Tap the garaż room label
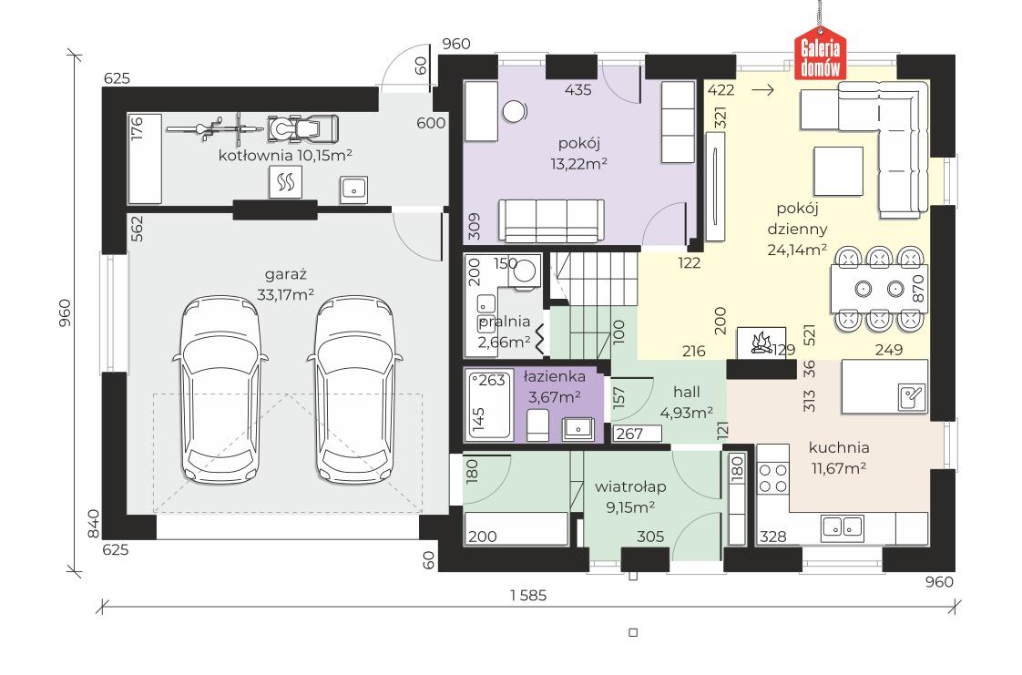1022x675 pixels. click(x=285, y=274)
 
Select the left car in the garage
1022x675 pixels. click(x=220, y=390)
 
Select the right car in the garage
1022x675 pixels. click(x=355, y=390)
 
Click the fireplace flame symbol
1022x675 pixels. click(x=761, y=343)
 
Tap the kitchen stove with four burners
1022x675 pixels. click(x=773, y=478)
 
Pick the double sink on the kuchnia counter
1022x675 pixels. click(x=843, y=526)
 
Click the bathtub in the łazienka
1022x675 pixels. click(x=488, y=405)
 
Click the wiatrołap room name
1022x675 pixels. click(x=630, y=486)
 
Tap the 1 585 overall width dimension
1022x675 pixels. click(x=528, y=595)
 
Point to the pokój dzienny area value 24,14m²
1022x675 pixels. click(x=797, y=250)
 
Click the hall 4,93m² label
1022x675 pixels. click(x=686, y=402)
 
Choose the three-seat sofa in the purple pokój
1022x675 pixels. click(x=551, y=220)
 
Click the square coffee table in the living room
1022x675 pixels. click(x=838, y=171)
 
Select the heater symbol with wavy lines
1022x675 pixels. click(x=285, y=182)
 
